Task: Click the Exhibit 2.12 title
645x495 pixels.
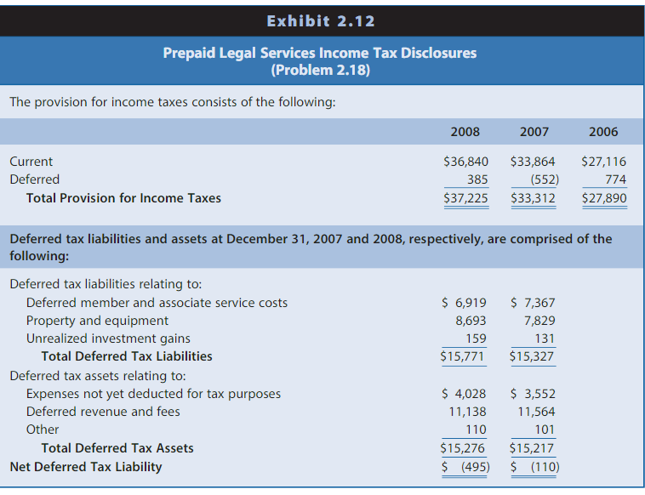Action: [x=321, y=21]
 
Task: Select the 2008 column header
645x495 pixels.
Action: [x=465, y=132]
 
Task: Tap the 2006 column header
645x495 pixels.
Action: [x=603, y=132]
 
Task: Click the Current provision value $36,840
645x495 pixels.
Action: [x=465, y=162]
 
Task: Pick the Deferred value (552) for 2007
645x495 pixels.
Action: [x=537, y=179]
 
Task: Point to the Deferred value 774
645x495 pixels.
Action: [x=615, y=179]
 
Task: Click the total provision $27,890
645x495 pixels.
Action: [x=603, y=198]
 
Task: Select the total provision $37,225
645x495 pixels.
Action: [x=465, y=198]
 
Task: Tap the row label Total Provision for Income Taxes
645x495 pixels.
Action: [x=123, y=198]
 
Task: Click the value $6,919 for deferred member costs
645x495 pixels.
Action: [x=465, y=303]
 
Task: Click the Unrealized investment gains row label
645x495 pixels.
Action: [x=108, y=339]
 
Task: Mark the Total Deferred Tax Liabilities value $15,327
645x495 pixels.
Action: [x=532, y=356]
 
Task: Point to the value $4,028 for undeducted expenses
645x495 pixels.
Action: [x=465, y=394]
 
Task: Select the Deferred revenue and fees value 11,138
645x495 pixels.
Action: [x=467, y=412]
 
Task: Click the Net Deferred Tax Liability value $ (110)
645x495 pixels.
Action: [x=534, y=467]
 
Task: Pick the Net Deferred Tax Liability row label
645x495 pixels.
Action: [x=86, y=467]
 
